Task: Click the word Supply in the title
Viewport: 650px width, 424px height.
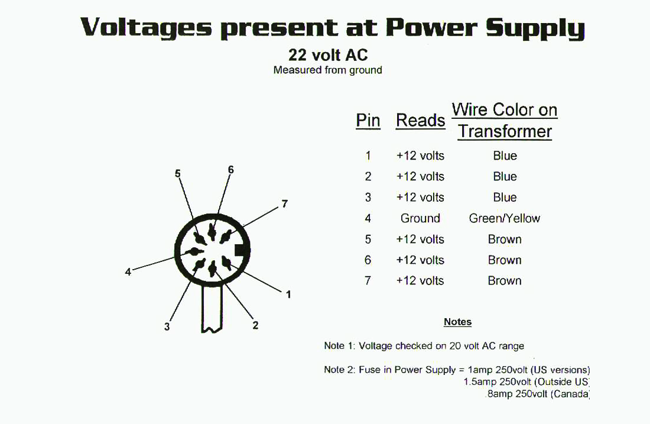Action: [x=535, y=28]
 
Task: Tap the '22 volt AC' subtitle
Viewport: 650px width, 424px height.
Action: [x=328, y=55]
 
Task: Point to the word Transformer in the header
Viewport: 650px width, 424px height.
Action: [x=505, y=131]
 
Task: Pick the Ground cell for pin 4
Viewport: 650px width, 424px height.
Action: [x=420, y=218]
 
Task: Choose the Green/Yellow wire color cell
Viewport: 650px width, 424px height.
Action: [x=505, y=218]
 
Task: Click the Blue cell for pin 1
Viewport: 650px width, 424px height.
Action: [x=505, y=156]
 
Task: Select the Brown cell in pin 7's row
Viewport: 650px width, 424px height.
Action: [x=505, y=281]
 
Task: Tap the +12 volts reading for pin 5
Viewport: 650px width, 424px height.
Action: [x=420, y=239]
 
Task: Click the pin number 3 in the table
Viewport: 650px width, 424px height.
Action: [x=368, y=197]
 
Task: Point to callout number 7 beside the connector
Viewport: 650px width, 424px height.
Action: [x=284, y=203]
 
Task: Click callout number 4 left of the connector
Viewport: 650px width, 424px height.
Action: [x=128, y=272]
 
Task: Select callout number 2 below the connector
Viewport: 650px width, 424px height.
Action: [x=255, y=325]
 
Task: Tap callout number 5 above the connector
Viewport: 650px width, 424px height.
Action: [x=178, y=173]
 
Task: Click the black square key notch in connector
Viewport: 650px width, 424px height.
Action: [x=242, y=251]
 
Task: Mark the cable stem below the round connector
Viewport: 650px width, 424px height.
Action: [x=212, y=309]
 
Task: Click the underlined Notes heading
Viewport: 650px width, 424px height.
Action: [x=457, y=322]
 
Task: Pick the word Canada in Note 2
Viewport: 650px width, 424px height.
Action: [x=570, y=394]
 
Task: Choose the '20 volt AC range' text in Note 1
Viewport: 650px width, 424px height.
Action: [x=487, y=346]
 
